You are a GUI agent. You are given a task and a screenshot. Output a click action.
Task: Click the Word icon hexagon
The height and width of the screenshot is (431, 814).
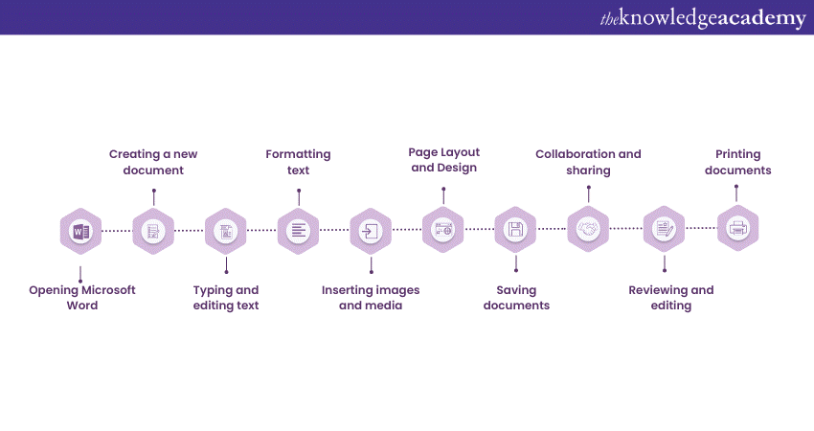(x=80, y=230)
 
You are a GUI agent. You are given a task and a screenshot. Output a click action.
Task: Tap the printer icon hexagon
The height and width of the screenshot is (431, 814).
(x=737, y=229)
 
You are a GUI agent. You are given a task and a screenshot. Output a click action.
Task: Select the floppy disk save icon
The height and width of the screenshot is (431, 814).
(x=515, y=230)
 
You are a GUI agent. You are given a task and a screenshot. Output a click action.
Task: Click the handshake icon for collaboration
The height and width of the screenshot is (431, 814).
(x=588, y=229)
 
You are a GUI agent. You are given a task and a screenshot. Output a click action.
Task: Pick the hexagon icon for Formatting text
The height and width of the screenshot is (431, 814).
(x=298, y=230)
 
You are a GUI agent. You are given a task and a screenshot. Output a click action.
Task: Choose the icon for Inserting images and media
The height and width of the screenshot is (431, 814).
(x=371, y=230)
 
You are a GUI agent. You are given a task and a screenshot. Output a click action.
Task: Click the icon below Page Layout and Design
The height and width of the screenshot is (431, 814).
(x=442, y=230)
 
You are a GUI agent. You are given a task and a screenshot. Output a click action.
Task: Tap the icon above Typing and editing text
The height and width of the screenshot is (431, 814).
(x=226, y=230)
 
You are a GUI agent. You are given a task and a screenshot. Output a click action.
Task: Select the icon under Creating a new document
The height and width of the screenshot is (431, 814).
(x=153, y=230)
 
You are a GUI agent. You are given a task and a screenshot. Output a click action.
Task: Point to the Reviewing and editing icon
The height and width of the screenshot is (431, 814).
(x=663, y=229)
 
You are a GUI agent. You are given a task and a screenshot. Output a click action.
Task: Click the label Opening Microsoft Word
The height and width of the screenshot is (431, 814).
(x=82, y=298)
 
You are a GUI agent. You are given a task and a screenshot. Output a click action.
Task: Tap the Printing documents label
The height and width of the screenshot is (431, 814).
(x=737, y=162)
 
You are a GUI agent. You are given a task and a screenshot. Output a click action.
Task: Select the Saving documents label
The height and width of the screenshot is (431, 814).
(x=516, y=298)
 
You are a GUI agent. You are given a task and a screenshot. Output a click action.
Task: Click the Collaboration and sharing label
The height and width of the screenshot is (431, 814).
(x=588, y=162)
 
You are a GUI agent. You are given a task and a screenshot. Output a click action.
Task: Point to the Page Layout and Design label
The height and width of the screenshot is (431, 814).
(x=443, y=160)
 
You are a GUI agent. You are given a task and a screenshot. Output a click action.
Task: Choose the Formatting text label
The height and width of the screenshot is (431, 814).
(x=298, y=162)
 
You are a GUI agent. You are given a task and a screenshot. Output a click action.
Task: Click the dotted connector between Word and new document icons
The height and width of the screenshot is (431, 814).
(x=117, y=230)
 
